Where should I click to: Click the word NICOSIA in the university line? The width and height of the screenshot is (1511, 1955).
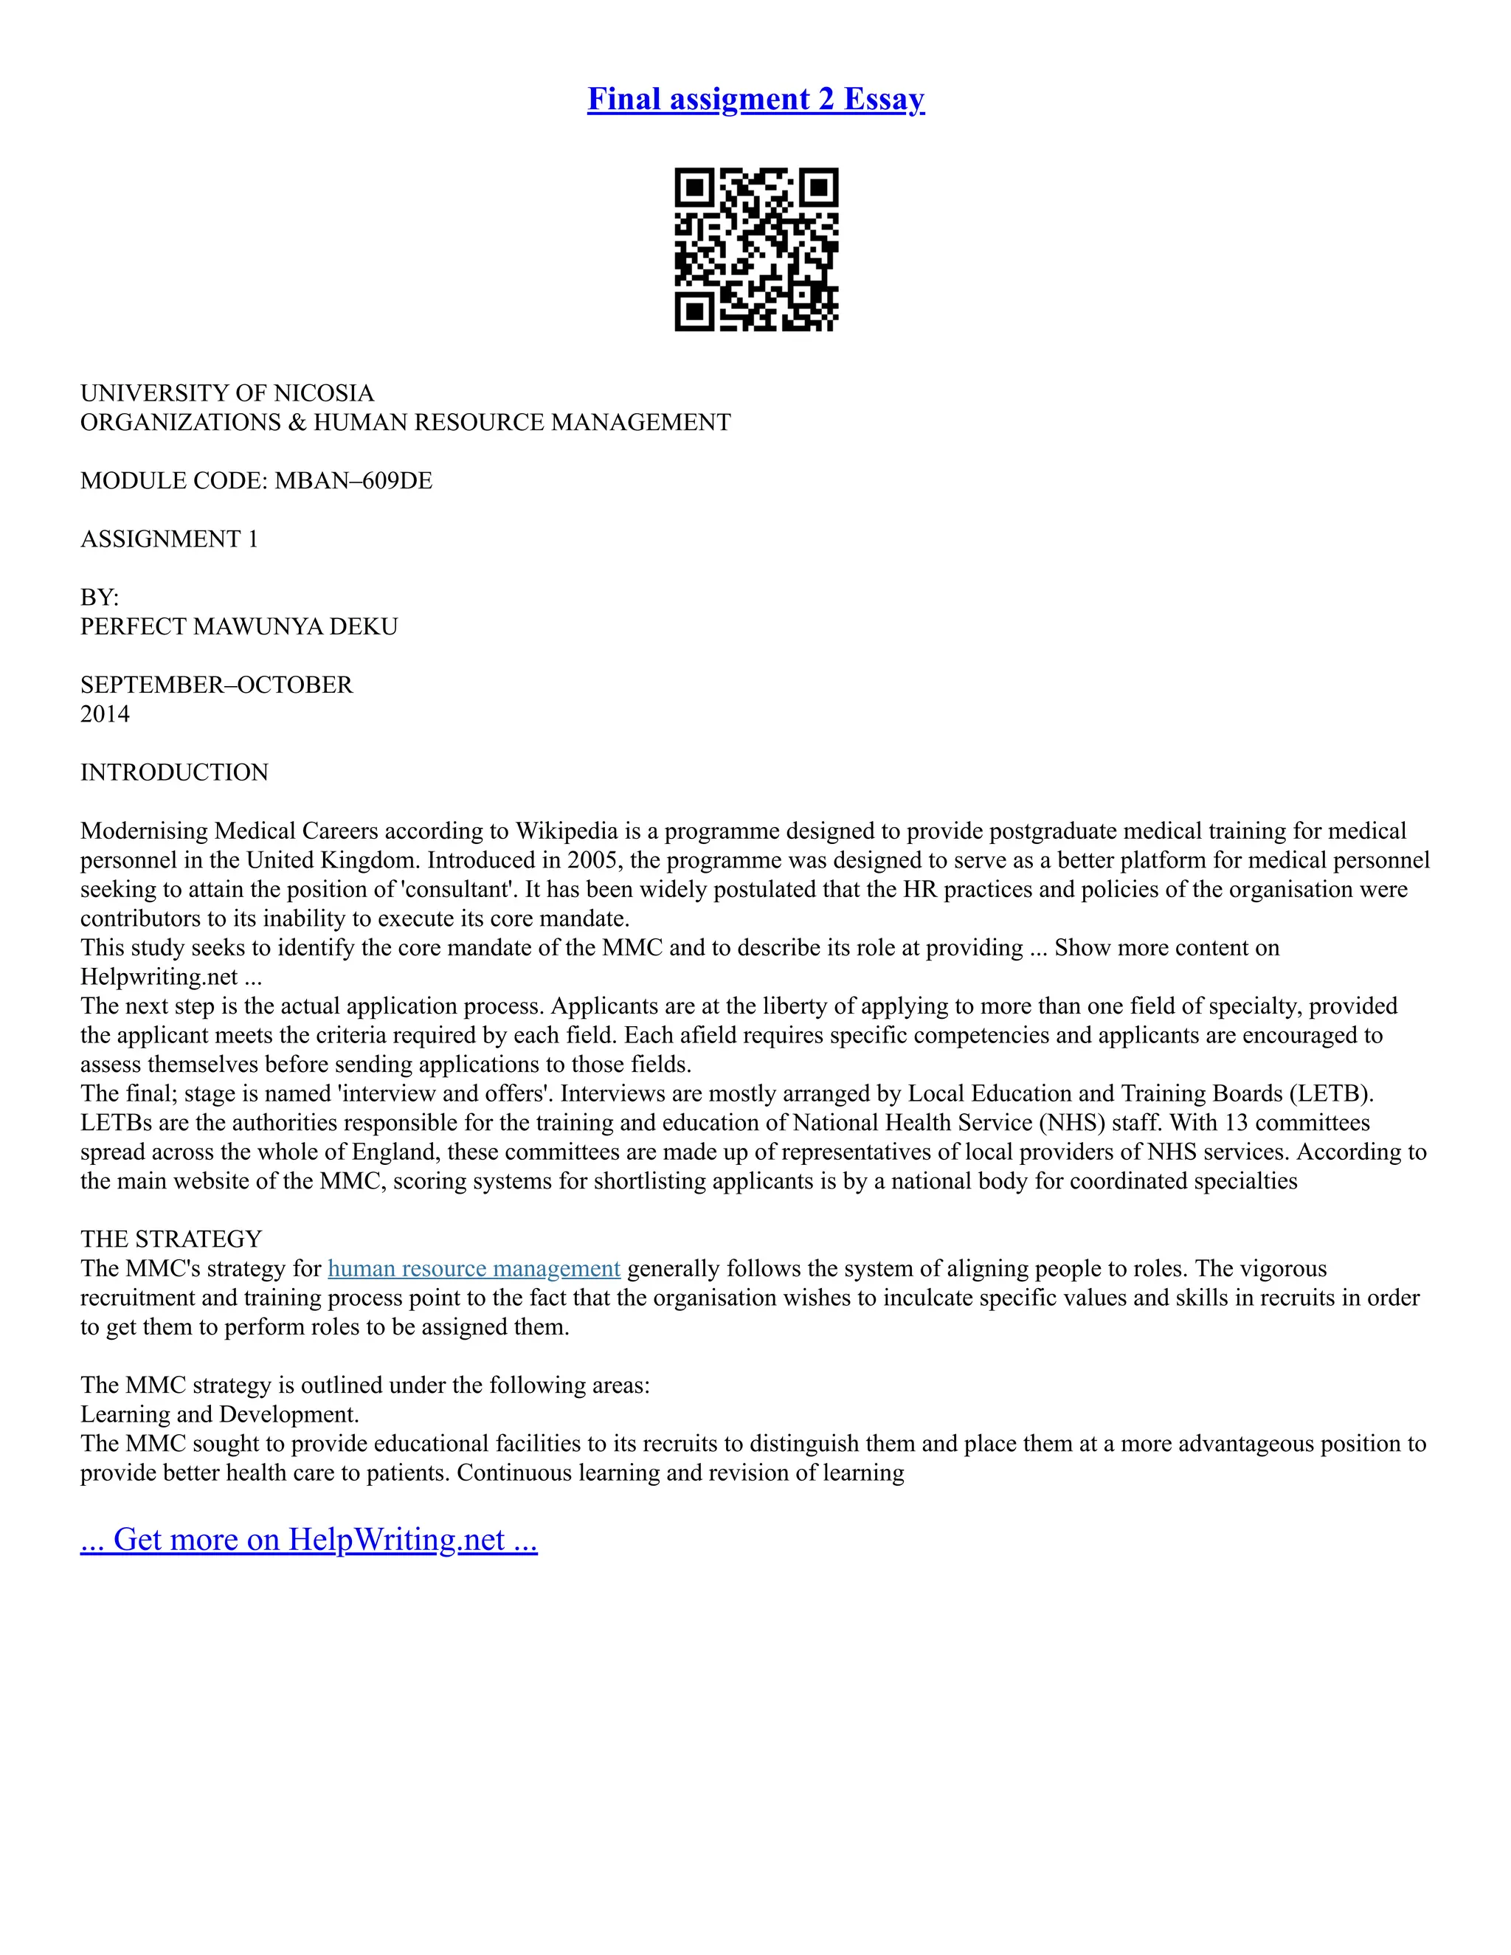[324, 393]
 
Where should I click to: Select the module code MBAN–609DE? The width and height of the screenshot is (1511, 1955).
[353, 481]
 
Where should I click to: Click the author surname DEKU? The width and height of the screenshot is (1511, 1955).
[364, 626]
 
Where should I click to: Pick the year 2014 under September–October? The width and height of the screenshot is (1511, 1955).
[105, 714]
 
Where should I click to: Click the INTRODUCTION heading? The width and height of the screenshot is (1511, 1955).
[175, 772]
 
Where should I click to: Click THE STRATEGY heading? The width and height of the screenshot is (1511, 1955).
[171, 1239]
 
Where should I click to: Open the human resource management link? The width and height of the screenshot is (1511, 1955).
[474, 1268]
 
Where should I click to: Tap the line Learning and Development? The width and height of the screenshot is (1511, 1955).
[219, 1414]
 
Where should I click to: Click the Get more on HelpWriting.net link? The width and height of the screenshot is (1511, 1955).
[309, 1539]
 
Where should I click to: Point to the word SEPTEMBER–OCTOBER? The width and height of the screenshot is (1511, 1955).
[217, 685]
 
